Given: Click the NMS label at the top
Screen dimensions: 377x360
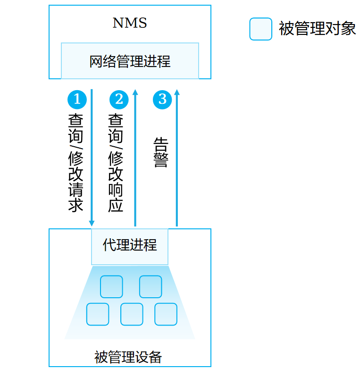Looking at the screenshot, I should [130, 23].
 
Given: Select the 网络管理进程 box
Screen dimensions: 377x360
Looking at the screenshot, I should [130, 61].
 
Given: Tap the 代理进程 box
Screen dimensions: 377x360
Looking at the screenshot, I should [130, 246].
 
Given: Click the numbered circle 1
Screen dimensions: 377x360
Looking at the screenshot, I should [77, 100].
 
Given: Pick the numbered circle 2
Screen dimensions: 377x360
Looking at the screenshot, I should [119, 100].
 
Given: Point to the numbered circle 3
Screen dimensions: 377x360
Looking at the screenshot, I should [162, 100].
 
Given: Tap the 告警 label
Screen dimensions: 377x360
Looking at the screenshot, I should [160, 152].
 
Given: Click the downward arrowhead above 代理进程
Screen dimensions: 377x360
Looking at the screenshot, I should [92, 223].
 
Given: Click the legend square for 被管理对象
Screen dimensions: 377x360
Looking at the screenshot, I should [260, 29].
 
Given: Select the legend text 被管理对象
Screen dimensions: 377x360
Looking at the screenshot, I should [317, 29].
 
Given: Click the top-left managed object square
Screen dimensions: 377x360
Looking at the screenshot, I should [111, 286].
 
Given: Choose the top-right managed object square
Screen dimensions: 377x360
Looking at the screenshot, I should [151, 286].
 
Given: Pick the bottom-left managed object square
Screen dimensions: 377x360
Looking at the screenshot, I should [98, 314].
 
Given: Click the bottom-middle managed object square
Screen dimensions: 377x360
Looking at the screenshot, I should [132, 314].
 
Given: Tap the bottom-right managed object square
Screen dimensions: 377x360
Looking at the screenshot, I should [166, 314].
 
